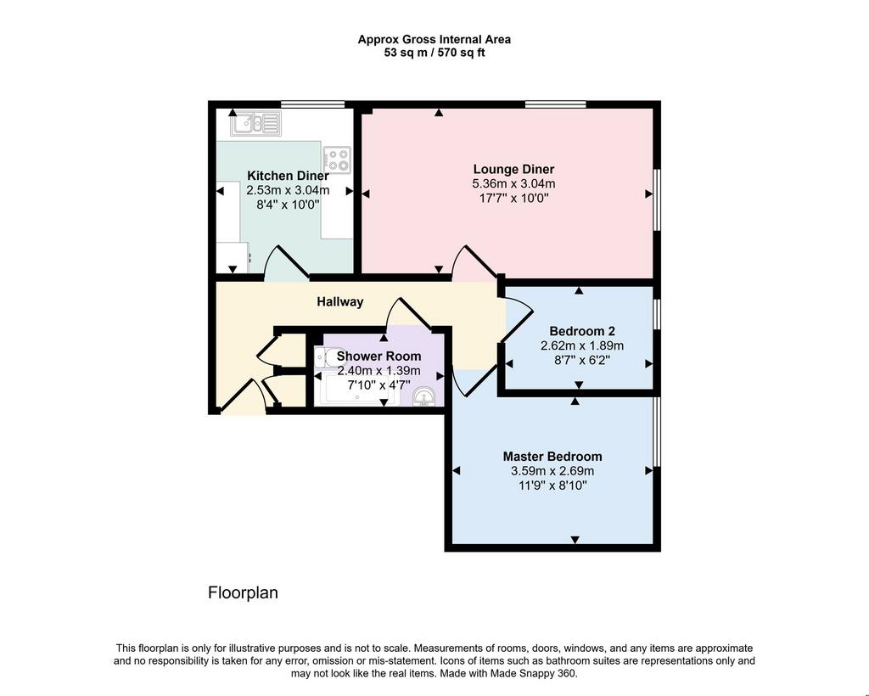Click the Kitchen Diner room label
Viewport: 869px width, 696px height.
(288, 176)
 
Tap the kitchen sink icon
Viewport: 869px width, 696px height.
(256, 123)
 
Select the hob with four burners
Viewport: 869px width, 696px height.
(337, 160)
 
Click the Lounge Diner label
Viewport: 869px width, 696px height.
(513, 169)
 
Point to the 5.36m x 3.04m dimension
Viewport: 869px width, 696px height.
(513, 183)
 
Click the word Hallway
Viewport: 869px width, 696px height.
(339, 301)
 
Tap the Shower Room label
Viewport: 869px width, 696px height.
(378, 356)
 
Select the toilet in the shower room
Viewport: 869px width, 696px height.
(322, 357)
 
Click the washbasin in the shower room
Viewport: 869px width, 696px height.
(426, 396)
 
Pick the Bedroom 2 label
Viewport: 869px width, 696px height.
(582, 331)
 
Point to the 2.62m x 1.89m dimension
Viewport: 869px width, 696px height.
(582, 345)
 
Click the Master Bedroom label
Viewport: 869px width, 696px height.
(552, 457)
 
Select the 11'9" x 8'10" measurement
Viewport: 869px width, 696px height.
(552, 486)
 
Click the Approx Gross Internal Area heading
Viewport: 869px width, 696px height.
(434, 39)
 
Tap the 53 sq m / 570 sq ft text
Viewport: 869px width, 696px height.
(434, 53)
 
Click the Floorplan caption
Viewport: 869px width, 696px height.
(243, 593)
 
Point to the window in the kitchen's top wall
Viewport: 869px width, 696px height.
(312, 104)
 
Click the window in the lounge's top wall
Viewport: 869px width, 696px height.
(555, 104)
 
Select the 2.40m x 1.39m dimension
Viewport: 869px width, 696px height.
(378, 370)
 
